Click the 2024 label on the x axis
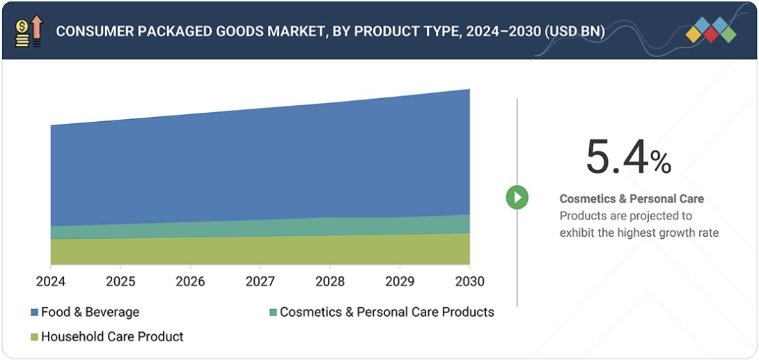51,281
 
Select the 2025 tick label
120,281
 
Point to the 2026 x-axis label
190,281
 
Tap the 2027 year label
260,281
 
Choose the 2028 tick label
329,281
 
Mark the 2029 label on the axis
399,281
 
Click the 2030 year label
469,281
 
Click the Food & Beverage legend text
90,312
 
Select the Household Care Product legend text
112,336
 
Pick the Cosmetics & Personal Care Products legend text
386,312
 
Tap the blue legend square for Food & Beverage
34,313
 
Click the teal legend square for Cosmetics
273,313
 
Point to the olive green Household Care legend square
34,337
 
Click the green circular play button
517,198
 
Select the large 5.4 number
617,157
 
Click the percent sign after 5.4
661,163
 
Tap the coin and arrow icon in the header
29,31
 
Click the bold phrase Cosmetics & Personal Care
632,198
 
